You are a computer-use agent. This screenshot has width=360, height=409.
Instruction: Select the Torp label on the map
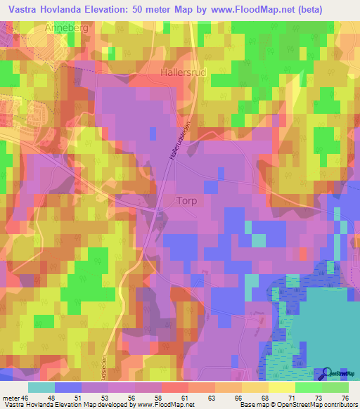coord(186,200)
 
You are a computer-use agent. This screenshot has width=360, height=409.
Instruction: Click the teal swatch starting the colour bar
coord(41,387)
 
